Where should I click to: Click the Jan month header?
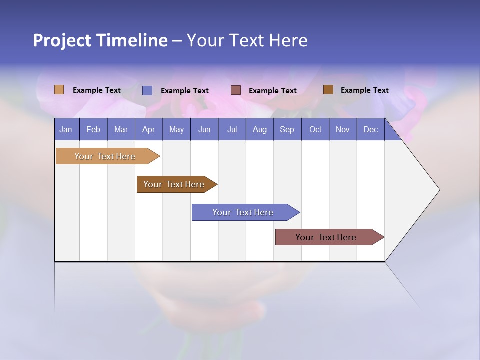click(x=66, y=129)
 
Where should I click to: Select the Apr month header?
click(x=149, y=129)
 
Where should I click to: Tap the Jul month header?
click(x=232, y=129)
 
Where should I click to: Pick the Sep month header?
click(x=287, y=129)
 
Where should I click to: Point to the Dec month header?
click(x=370, y=129)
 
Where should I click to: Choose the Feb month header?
click(x=93, y=129)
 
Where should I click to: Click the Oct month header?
click(x=315, y=129)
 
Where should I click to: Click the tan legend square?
click(x=59, y=90)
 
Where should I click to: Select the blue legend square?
click(x=147, y=90)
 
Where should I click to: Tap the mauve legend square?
click(x=236, y=90)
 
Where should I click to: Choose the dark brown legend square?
click(x=328, y=90)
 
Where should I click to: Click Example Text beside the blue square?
click(x=185, y=91)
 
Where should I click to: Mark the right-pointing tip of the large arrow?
click(x=438, y=190)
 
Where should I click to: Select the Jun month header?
click(x=204, y=129)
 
